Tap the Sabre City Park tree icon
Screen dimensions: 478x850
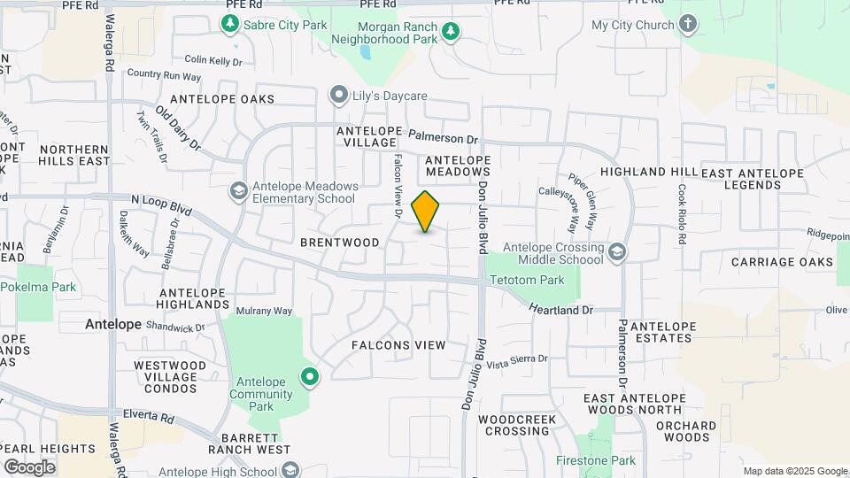tap(231, 24)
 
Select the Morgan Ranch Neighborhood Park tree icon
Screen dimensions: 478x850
tap(452, 32)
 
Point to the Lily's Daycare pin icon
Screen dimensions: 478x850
tap(338, 95)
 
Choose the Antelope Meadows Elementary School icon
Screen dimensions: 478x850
tap(238, 191)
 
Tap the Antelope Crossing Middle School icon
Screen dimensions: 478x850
tap(616, 253)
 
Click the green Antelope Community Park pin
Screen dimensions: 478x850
tap(310, 376)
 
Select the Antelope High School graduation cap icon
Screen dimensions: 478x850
tap(292, 469)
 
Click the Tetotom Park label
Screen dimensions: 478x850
tap(527, 281)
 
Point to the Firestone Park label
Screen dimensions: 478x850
tap(596, 460)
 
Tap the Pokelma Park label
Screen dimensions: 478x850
tap(38, 287)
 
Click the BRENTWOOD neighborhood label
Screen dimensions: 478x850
tap(340, 243)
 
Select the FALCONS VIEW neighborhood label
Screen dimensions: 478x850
tap(398, 344)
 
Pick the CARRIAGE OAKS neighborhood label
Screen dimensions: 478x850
tap(782, 262)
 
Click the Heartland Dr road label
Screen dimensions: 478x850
tap(561, 310)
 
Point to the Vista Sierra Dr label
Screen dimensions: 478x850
tap(517, 360)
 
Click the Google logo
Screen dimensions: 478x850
tap(29, 466)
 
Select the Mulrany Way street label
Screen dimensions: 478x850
tap(264, 312)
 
